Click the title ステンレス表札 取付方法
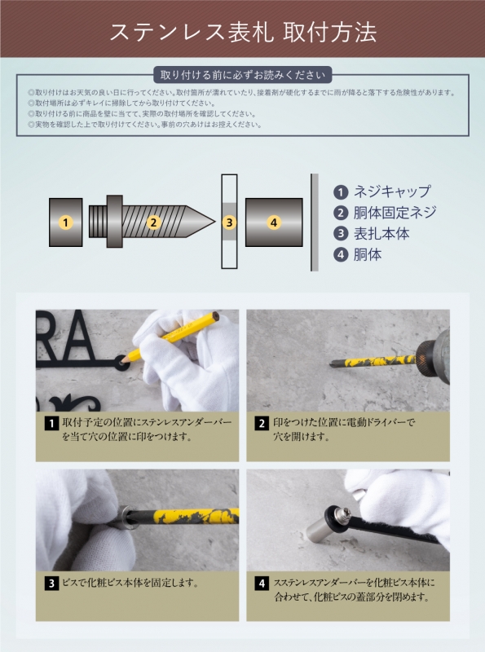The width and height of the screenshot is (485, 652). pos(242,32)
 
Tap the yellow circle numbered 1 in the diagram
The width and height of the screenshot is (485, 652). pos(66,222)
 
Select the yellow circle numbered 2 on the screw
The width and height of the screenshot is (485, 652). pos(152,222)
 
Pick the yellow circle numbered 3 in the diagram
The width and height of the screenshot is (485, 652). pos(230,222)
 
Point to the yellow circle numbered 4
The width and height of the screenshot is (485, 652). pos(273,222)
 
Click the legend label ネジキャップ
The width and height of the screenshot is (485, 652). pos(391,192)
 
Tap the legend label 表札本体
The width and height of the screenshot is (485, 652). pos(381,234)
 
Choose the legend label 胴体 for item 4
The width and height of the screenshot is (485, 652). pos(368,254)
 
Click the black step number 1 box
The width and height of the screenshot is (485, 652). pos(51,423)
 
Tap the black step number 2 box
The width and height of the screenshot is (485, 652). pos(262,423)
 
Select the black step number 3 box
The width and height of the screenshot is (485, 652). pos(51,583)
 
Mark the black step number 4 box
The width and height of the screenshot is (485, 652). pos(262,583)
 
